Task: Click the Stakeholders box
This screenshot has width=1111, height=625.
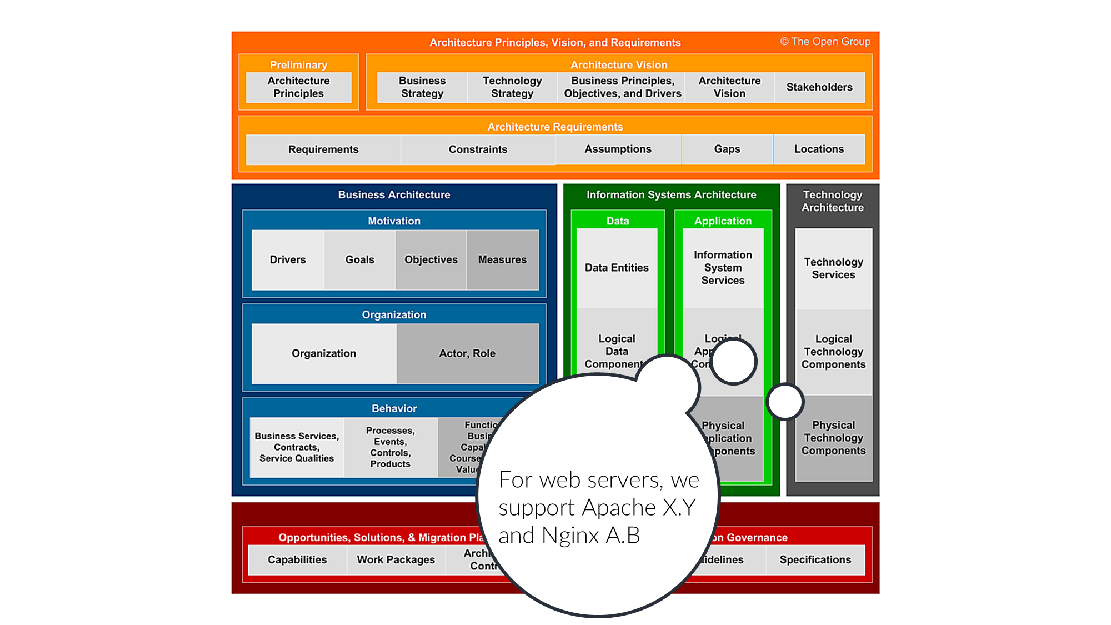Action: click(819, 87)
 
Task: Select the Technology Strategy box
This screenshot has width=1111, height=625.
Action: click(512, 87)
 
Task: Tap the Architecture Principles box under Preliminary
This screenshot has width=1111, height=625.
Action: click(298, 87)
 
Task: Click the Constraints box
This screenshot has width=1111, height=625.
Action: click(478, 149)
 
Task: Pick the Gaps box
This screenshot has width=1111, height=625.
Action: click(727, 149)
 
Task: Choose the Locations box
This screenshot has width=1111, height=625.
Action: click(819, 149)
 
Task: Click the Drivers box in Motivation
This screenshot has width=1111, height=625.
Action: click(288, 259)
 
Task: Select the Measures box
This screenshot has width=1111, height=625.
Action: click(502, 259)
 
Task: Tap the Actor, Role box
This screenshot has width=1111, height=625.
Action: click(467, 353)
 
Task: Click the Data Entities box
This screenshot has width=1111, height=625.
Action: click(617, 268)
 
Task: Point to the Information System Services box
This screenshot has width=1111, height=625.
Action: click(723, 268)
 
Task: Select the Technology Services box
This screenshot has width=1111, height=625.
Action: click(833, 268)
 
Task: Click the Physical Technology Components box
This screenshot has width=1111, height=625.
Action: click(833, 438)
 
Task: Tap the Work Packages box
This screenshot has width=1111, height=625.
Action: click(396, 559)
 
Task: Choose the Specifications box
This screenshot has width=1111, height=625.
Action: click(815, 559)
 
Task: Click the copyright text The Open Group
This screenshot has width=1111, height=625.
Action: click(825, 42)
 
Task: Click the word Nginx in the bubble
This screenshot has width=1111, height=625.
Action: click(570, 536)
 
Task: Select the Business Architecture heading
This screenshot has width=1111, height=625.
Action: click(394, 195)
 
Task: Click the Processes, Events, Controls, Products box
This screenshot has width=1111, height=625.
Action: click(390, 447)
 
